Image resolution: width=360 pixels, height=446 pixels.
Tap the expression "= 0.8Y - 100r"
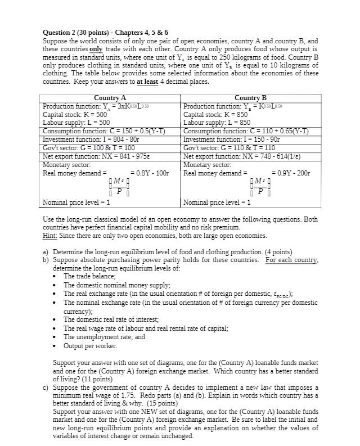click(149, 173)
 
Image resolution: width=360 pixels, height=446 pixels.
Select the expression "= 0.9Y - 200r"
click(290, 173)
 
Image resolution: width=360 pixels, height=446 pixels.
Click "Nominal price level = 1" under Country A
click(76, 202)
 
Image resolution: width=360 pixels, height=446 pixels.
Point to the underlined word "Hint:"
click(51, 236)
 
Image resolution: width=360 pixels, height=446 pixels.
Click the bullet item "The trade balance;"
click(89, 276)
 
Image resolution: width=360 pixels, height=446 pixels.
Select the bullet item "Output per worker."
click(91, 345)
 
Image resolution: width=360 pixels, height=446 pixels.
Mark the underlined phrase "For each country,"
click(292, 260)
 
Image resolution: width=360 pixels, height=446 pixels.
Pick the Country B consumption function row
click(250, 131)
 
